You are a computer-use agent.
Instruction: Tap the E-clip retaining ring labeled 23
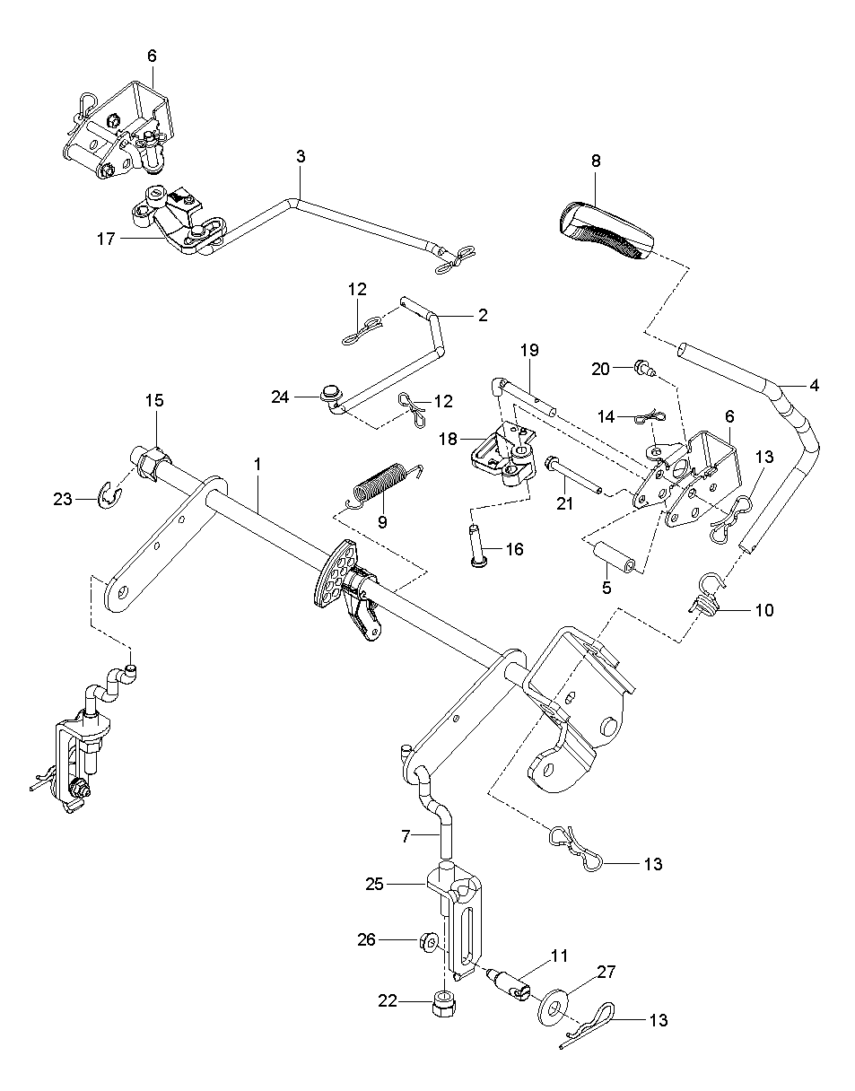tap(110, 497)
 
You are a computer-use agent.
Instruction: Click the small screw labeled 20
tap(645, 368)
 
